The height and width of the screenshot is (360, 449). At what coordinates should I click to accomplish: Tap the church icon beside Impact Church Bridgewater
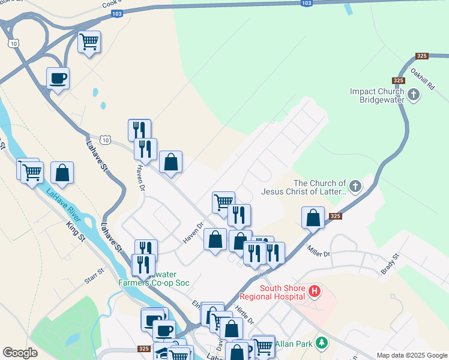[x=414, y=95]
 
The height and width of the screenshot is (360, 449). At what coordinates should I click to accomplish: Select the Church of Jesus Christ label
[x=320, y=187]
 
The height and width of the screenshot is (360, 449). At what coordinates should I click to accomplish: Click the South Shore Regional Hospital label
[x=273, y=292]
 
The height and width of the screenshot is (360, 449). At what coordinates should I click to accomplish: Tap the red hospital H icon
[x=314, y=292]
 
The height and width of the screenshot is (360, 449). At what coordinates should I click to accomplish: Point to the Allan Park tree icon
[x=322, y=343]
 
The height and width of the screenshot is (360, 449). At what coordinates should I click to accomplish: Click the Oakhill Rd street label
[x=422, y=78]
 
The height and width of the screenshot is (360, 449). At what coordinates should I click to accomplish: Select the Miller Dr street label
[x=318, y=251]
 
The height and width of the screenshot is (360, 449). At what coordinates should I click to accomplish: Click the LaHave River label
[x=64, y=203]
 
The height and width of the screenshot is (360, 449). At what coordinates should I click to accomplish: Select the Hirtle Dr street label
[x=246, y=313]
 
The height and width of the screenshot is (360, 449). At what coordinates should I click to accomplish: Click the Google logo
[x=20, y=353]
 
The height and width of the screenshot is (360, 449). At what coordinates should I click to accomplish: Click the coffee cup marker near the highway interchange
[x=58, y=79]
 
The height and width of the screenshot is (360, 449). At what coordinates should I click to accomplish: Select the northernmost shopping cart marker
[x=89, y=43]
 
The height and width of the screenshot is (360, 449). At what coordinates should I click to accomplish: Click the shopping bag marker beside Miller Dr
[x=313, y=218]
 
